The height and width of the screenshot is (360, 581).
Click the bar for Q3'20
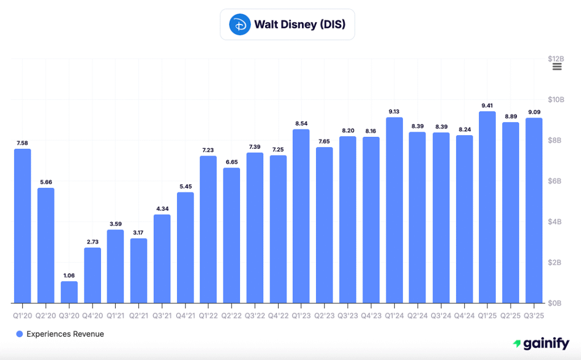[x=69, y=292]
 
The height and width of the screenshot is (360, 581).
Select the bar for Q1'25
[x=487, y=207]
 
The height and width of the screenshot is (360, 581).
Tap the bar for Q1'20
[x=22, y=226]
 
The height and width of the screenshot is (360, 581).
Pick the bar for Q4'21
[x=185, y=248]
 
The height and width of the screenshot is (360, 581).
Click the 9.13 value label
[x=394, y=111]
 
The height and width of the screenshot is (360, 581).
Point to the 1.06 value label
[x=69, y=275]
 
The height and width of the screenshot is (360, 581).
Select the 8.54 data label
[x=301, y=123]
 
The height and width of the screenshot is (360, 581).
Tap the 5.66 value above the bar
[x=45, y=182]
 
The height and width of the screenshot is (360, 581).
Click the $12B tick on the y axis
[x=555, y=58]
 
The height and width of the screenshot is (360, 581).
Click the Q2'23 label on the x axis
[x=325, y=315]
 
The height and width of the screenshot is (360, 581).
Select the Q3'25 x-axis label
[x=534, y=315]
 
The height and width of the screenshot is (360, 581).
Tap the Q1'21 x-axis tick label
[x=115, y=315]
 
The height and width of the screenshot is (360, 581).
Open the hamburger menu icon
[x=557, y=67]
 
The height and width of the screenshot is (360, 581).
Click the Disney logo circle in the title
[x=239, y=24]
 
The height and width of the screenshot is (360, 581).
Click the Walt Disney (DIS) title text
[x=300, y=24]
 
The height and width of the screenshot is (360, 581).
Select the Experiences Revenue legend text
[x=65, y=334]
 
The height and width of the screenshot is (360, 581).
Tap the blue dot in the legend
[x=20, y=334]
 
